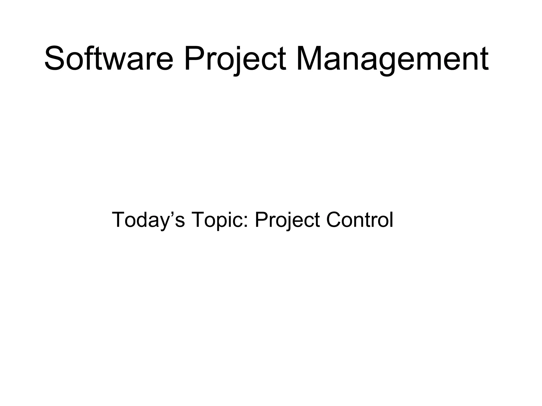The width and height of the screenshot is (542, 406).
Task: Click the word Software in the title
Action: point(109,59)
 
